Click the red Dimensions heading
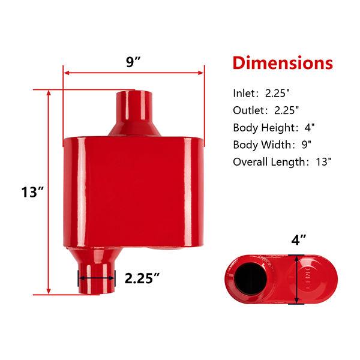[283, 62]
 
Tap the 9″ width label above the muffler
[133, 62]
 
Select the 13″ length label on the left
[32, 192]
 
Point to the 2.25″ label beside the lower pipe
[142, 278]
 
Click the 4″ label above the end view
[298, 240]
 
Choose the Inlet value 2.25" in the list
[277, 93]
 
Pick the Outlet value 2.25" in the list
[287, 110]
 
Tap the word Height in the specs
[278, 128]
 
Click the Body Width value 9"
[306, 145]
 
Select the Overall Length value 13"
[323, 162]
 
